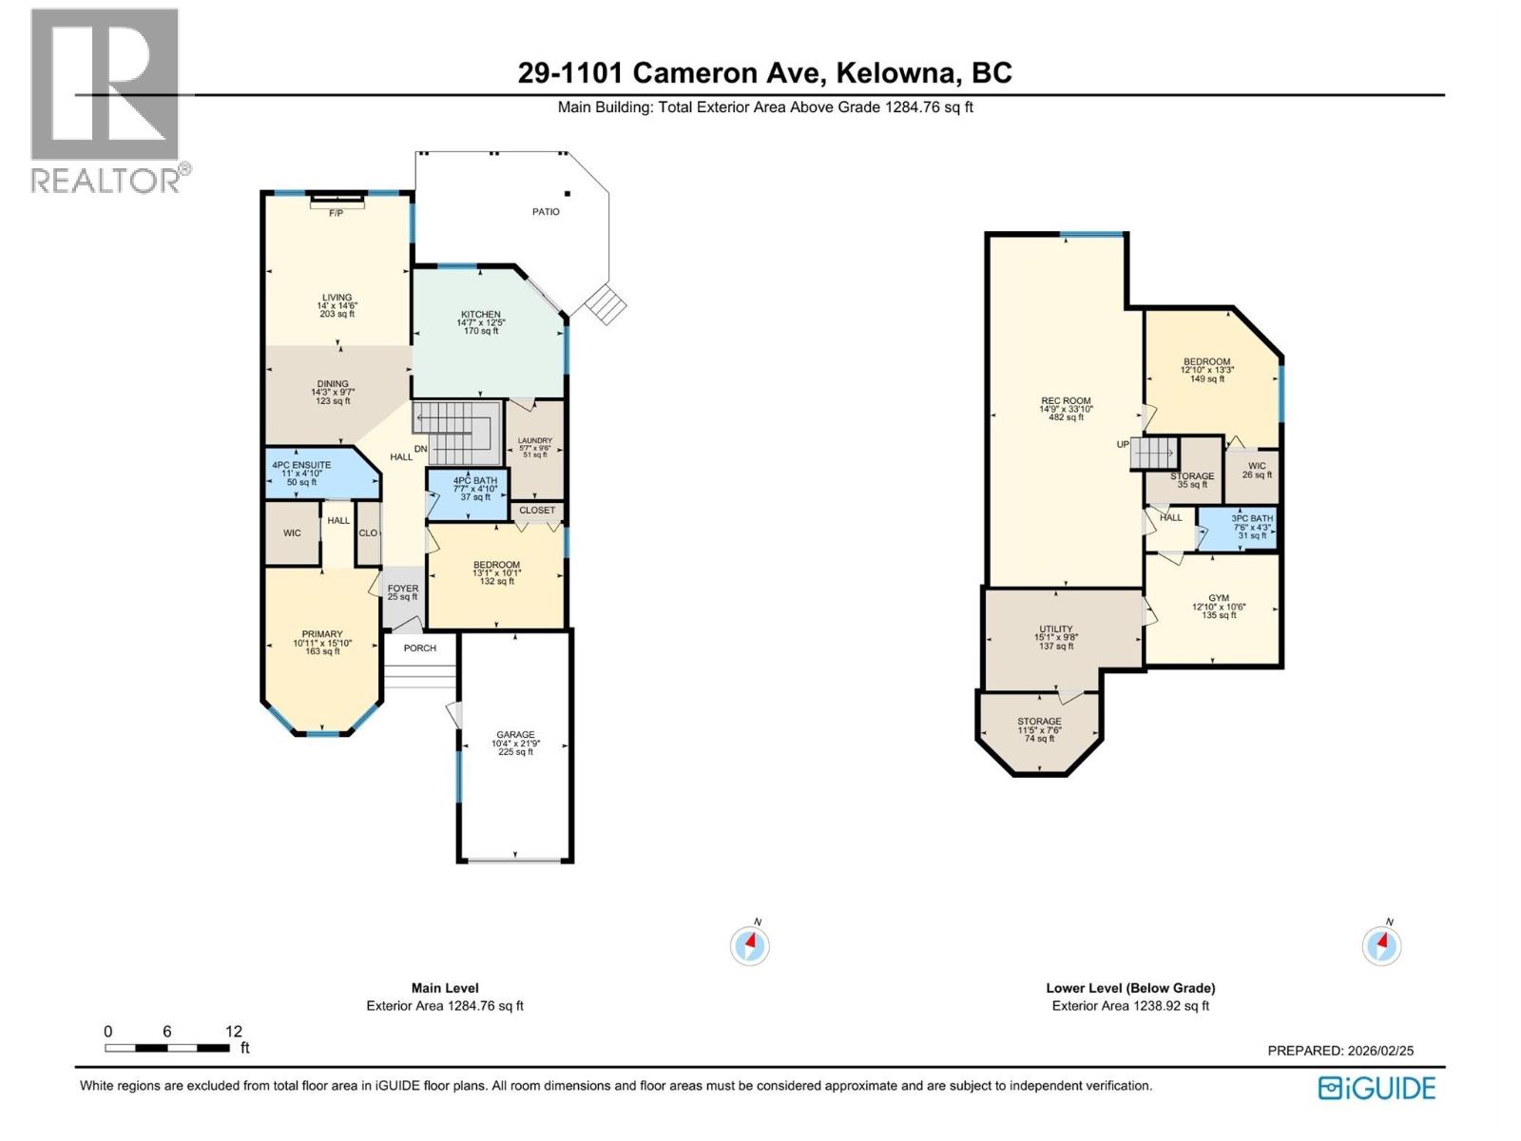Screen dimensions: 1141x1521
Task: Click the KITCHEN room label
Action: tap(480, 315)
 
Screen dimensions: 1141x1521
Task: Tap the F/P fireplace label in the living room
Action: tap(336, 213)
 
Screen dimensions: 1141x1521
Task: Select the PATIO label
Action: tap(546, 212)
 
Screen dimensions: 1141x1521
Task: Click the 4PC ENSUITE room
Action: tap(301, 466)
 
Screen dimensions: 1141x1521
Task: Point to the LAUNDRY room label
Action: tap(534, 441)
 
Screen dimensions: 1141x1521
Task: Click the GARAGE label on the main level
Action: tap(515, 735)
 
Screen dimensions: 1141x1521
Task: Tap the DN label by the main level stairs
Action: tap(421, 449)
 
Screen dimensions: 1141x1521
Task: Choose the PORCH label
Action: tap(419, 648)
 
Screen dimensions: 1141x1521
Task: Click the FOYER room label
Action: tap(402, 590)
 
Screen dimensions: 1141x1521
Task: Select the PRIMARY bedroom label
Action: tap(322, 634)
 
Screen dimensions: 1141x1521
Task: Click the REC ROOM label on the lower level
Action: tap(1066, 401)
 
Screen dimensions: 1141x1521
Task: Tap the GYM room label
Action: tap(1218, 598)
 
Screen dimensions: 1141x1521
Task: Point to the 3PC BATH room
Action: tap(1252, 519)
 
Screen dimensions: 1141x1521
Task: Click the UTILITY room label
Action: tap(1055, 629)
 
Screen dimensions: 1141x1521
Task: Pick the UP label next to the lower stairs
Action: tap(1123, 444)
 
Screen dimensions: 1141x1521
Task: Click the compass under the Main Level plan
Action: tap(750, 945)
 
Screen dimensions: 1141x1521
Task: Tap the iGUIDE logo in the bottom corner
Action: tap(1377, 1089)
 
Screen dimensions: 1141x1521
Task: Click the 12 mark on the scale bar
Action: tap(233, 1032)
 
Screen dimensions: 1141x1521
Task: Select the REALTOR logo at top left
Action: tap(106, 100)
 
